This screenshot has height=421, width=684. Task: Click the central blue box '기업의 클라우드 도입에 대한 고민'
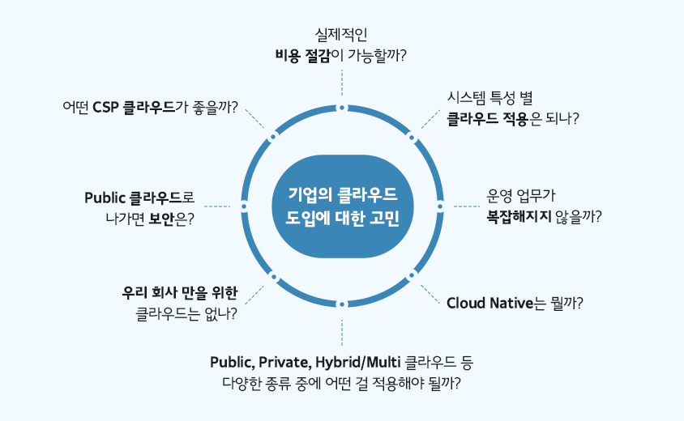pyautogui.click(x=343, y=206)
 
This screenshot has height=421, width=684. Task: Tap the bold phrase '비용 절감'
pyautogui.click(x=303, y=56)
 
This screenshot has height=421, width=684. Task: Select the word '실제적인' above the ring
pyautogui.click(x=341, y=35)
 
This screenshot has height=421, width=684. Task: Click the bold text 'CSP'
pyautogui.click(x=106, y=107)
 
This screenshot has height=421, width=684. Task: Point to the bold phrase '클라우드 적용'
pyautogui.click(x=488, y=118)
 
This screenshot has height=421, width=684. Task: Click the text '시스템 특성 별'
pyautogui.click(x=489, y=98)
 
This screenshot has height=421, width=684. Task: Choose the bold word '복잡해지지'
pyautogui.click(x=519, y=216)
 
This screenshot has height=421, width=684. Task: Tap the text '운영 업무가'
pyautogui.click(x=521, y=196)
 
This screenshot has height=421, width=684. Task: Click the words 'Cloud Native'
pyautogui.click(x=489, y=303)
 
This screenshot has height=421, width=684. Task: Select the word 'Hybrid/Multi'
pyautogui.click(x=357, y=363)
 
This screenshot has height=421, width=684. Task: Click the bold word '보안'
pyautogui.click(x=161, y=219)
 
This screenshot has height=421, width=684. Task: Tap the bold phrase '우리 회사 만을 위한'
pyautogui.click(x=180, y=293)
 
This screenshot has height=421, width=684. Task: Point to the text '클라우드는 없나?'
pyautogui.click(x=186, y=314)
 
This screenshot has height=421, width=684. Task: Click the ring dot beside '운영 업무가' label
pyautogui.click(x=440, y=206)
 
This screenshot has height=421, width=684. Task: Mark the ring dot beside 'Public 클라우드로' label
pyautogui.click(x=244, y=206)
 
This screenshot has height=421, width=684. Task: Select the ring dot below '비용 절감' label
pyautogui.click(x=342, y=108)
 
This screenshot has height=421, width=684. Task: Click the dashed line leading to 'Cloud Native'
pyautogui.click(x=430, y=294)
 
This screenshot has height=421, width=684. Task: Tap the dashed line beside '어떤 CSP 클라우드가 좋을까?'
pyautogui.click(x=254, y=118)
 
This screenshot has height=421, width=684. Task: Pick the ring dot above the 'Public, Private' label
pyautogui.click(x=342, y=304)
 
